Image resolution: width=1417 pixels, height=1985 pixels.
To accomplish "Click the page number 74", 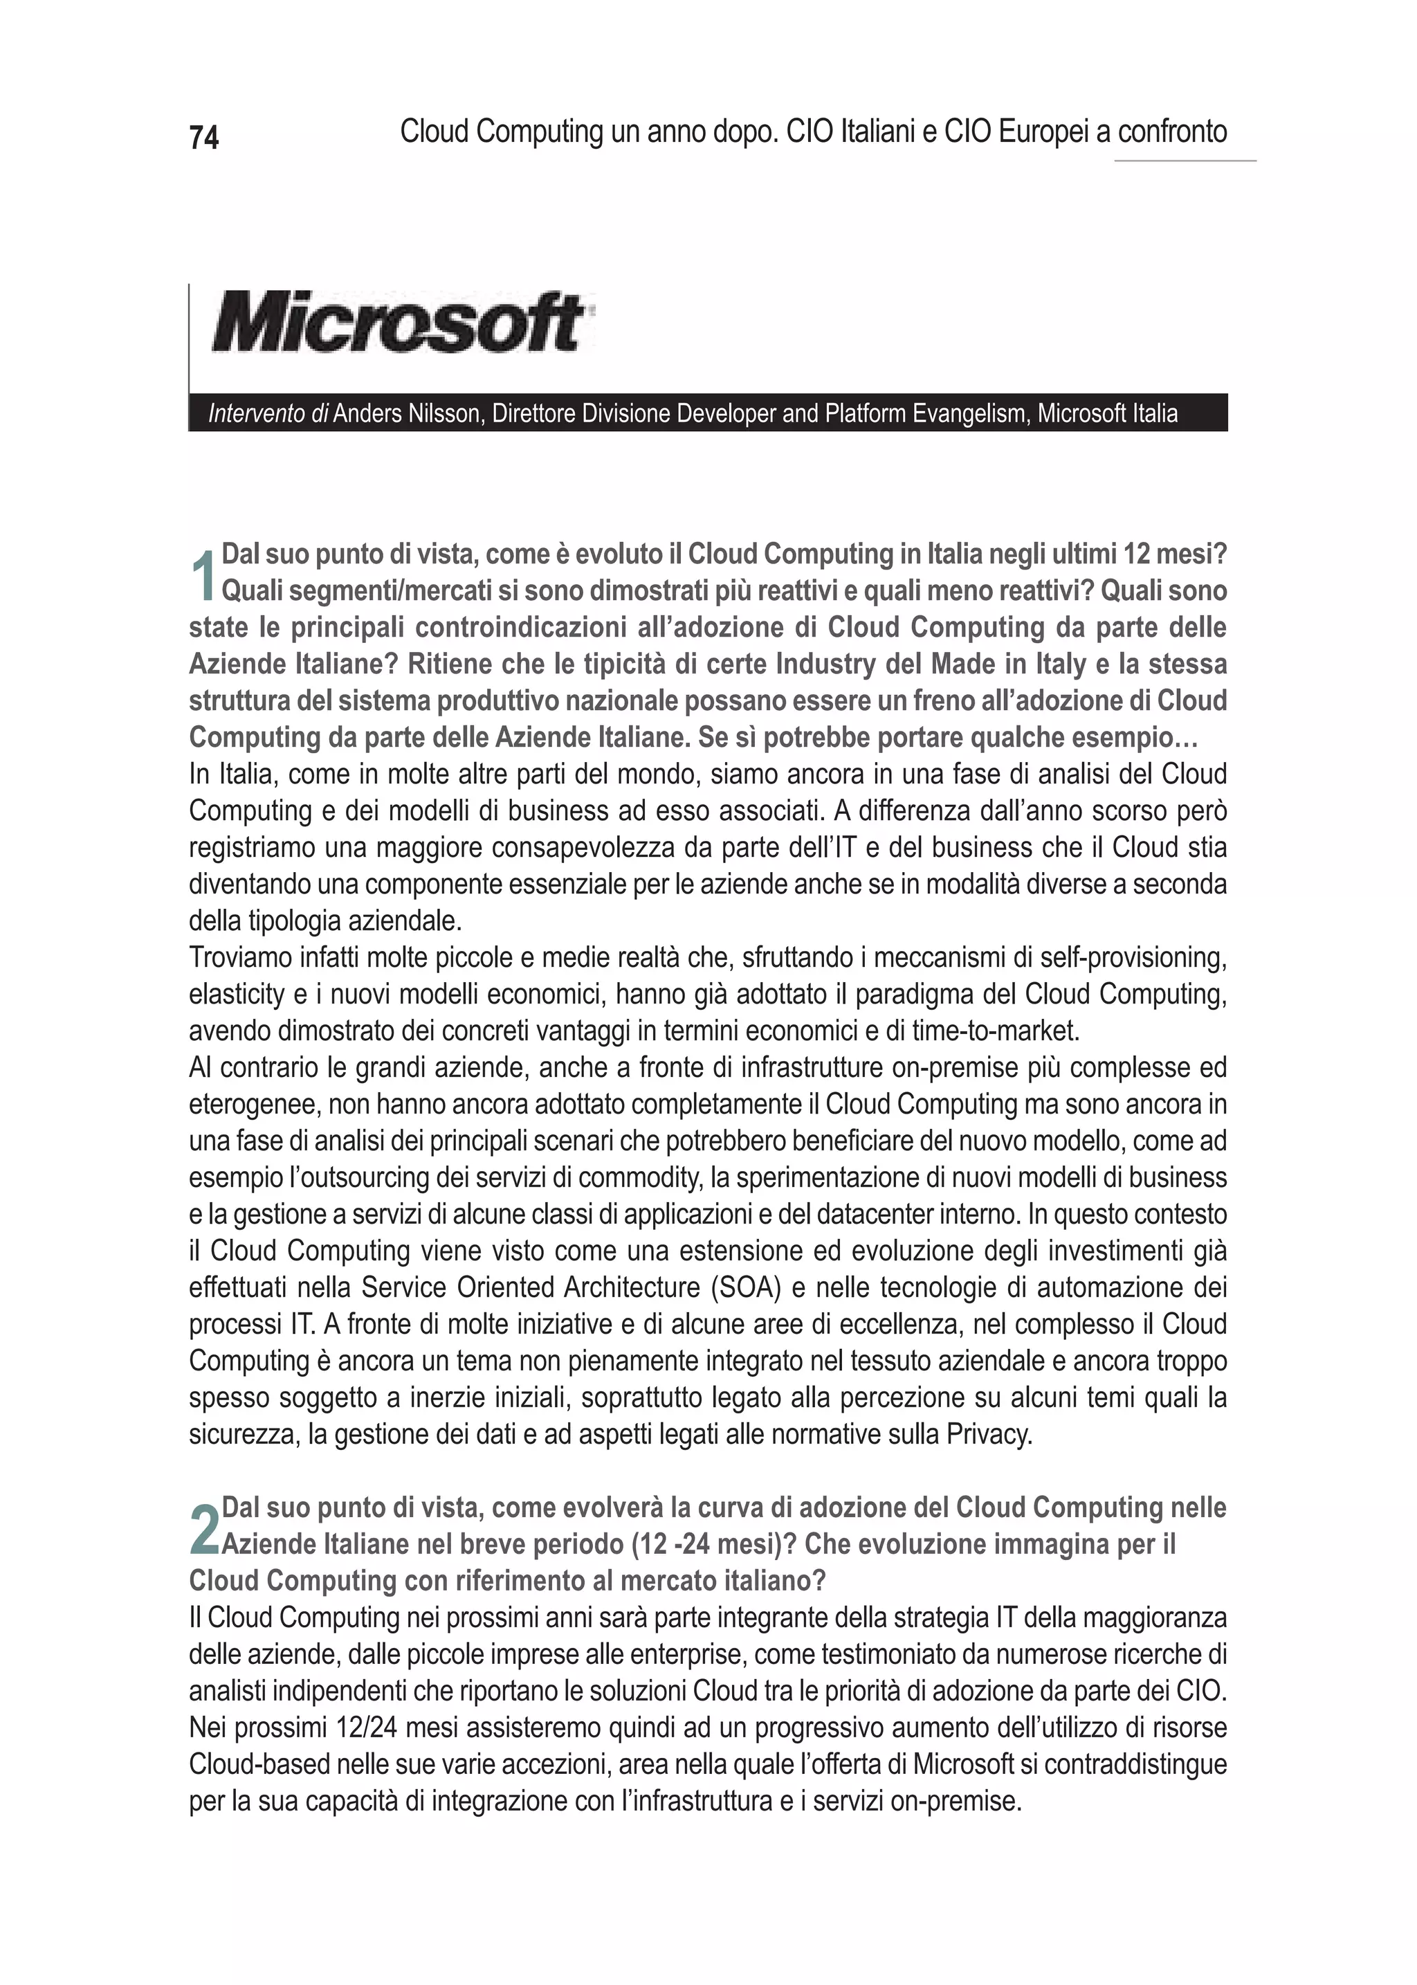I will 204,138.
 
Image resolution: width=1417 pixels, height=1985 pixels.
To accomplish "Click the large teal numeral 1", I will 203,576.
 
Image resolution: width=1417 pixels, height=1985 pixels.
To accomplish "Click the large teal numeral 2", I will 204,1530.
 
